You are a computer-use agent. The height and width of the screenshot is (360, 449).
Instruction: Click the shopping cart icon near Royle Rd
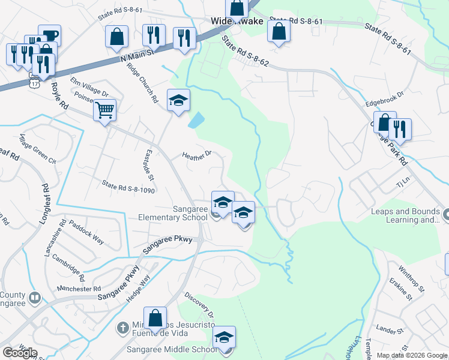click(105, 110)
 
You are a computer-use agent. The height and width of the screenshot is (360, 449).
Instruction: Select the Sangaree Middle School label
click(171, 349)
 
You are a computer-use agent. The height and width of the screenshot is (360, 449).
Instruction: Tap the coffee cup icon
click(49, 35)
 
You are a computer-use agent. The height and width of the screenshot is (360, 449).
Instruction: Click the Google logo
click(19, 353)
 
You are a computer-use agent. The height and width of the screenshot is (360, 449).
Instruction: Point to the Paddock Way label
click(86, 233)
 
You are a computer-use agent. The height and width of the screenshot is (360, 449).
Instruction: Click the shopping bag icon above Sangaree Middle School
click(155, 317)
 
